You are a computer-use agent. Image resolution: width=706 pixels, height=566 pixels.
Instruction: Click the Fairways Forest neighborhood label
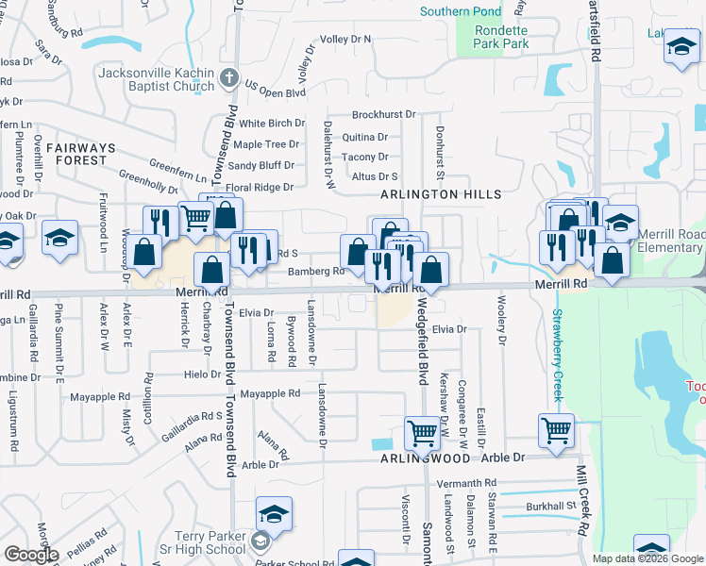click(80, 154)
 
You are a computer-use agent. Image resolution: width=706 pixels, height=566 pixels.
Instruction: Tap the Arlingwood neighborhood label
click(424, 458)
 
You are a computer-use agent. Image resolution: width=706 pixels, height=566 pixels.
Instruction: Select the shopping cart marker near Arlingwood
click(421, 434)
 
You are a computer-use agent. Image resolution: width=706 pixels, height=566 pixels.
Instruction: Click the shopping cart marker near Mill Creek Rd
click(556, 430)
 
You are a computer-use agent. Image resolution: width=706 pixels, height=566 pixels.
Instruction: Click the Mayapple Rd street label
click(270, 392)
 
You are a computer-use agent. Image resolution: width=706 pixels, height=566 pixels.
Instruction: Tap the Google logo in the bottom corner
click(30, 555)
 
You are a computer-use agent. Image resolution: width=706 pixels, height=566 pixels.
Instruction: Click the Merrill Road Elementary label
click(669, 241)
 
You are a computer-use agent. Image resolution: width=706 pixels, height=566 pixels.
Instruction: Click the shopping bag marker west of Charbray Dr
click(145, 254)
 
